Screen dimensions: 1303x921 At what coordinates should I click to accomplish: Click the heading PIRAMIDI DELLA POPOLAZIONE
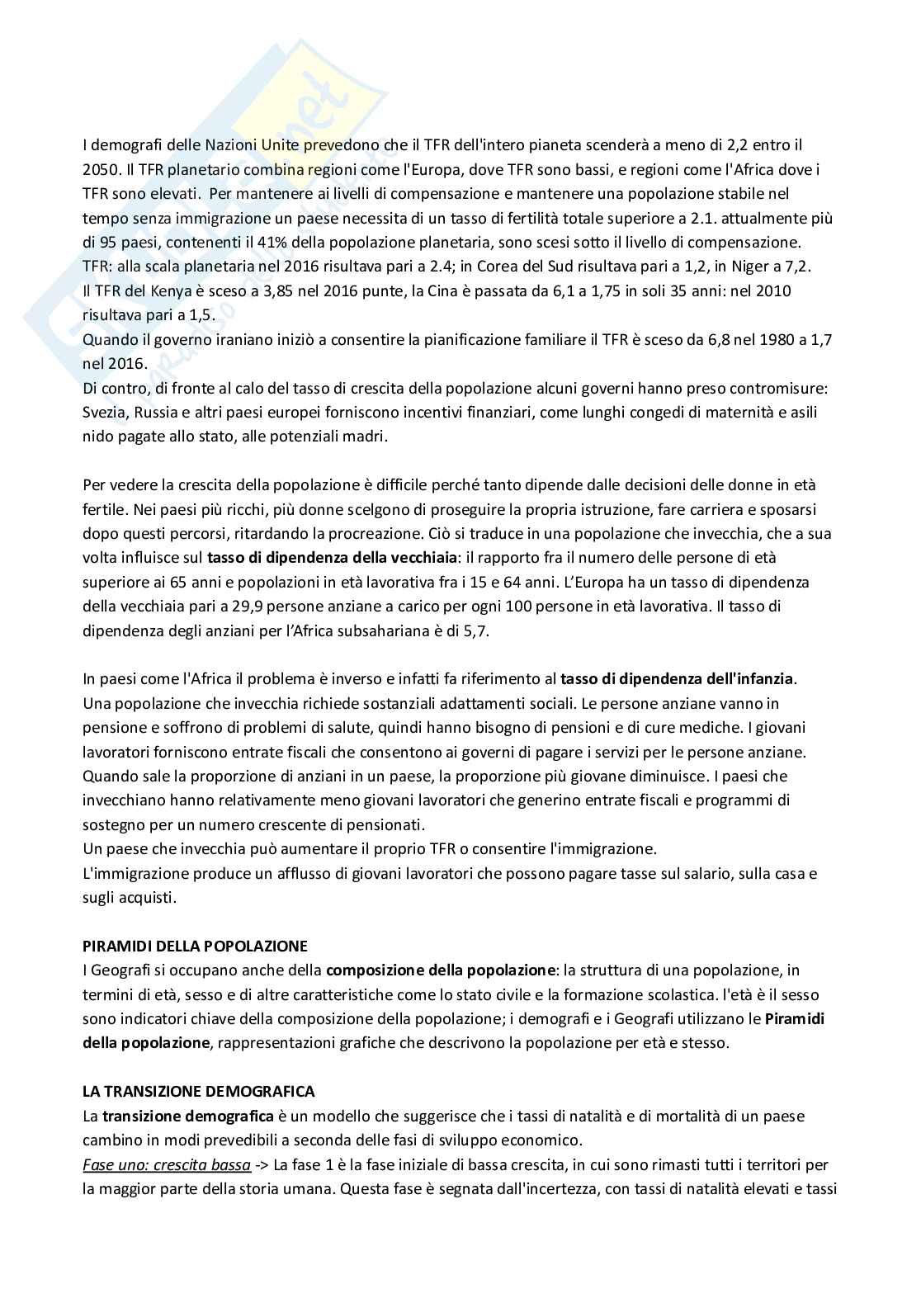click(195, 946)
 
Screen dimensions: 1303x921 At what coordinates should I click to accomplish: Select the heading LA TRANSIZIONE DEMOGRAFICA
click(198, 1091)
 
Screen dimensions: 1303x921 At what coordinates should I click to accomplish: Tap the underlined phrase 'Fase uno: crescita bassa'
click(167, 1164)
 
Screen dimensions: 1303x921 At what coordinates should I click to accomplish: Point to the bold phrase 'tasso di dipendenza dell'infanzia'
click(677, 679)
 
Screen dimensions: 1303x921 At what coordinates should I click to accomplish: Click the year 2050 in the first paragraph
click(99, 169)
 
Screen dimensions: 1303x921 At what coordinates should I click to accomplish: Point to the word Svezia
click(103, 412)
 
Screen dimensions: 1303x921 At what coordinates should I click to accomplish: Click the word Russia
click(156, 412)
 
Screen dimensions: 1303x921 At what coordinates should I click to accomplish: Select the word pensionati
click(389, 824)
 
